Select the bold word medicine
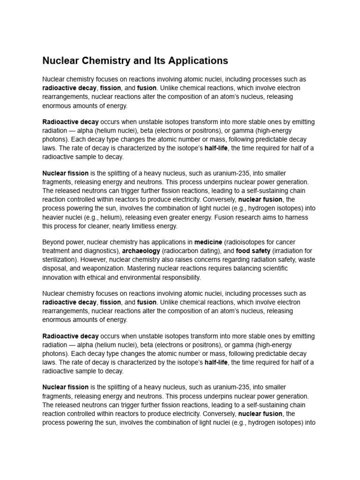[x=209, y=242]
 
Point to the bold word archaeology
[x=141, y=251]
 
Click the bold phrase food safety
[x=253, y=251]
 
